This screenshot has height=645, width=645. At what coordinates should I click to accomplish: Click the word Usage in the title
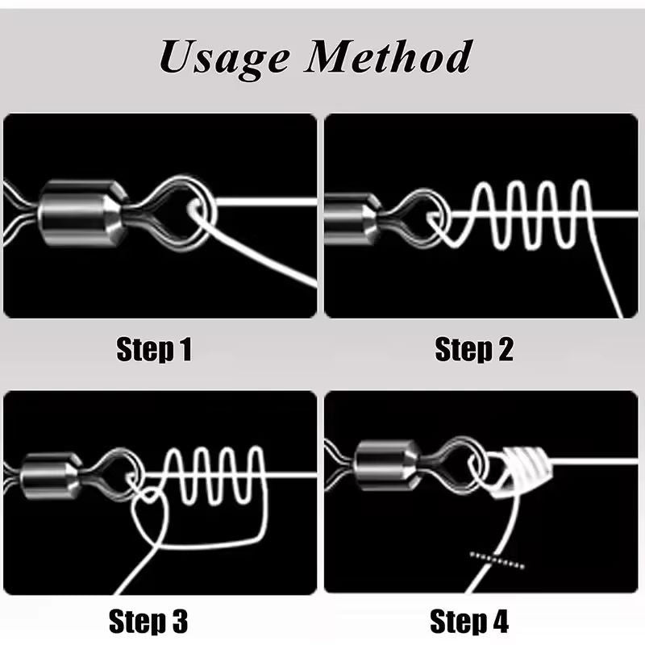click(x=223, y=57)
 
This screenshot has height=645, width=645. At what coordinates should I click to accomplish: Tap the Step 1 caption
click(x=154, y=349)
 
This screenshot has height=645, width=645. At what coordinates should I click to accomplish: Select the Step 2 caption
click(x=474, y=349)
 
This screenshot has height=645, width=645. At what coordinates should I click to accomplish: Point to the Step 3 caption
click(x=148, y=621)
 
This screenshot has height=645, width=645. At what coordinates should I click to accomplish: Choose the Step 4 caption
click(x=469, y=621)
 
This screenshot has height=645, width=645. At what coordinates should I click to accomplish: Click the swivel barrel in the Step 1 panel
click(x=82, y=213)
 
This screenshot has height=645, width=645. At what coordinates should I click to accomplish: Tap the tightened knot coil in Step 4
click(x=520, y=469)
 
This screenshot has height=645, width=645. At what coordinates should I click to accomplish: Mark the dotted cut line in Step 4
click(x=497, y=560)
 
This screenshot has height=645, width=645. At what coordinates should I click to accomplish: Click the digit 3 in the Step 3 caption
click(x=179, y=621)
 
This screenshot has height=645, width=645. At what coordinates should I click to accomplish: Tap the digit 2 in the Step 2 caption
click(x=506, y=350)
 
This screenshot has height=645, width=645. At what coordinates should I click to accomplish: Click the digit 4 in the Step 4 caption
click(x=500, y=621)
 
